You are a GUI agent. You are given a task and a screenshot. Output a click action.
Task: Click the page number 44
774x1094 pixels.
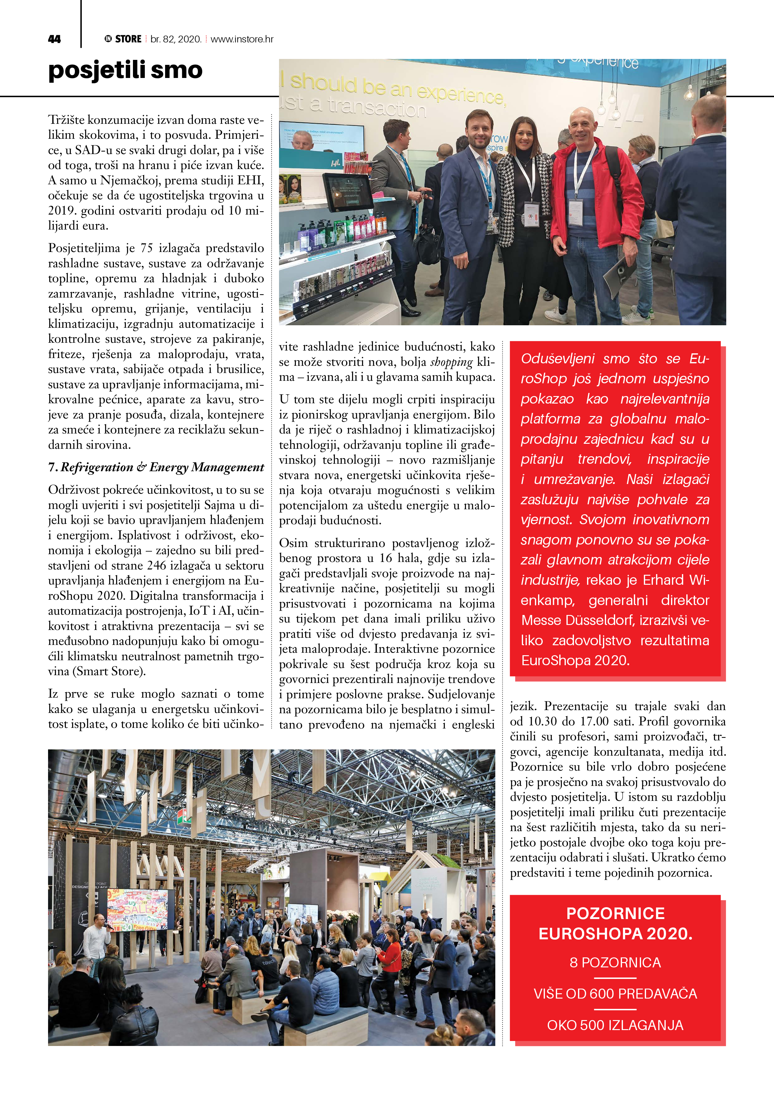click(x=54, y=39)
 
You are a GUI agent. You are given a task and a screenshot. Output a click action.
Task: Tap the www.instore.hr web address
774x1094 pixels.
click(x=242, y=39)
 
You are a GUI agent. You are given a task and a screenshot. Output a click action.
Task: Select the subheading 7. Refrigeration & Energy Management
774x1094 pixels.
click(x=156, y=467)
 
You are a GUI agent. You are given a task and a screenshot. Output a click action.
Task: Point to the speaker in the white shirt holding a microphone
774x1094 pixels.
click(x=98, y=936)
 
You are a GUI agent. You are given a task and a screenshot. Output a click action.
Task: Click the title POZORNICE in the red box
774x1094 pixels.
click(x=615, y=913)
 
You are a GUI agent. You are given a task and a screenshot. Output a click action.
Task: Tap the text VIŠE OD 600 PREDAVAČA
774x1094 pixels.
click(x=615, y=994)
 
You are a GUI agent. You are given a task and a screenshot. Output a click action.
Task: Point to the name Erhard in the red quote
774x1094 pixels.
click(x=663, y=580)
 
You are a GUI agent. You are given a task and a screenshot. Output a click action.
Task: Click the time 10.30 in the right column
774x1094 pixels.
click(x=543, y=721)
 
